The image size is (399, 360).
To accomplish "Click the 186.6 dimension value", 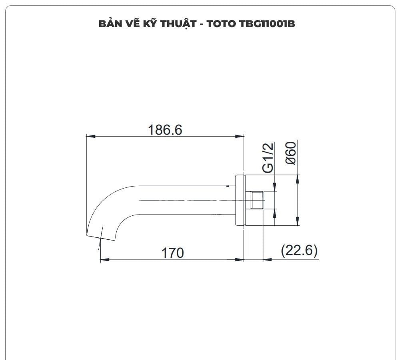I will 165,130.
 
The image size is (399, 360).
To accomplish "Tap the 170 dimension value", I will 172,253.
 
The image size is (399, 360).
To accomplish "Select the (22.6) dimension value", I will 299,251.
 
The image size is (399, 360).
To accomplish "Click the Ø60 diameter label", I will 291,153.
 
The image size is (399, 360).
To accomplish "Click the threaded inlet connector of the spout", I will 255,200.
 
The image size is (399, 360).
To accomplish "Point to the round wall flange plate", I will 240,200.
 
